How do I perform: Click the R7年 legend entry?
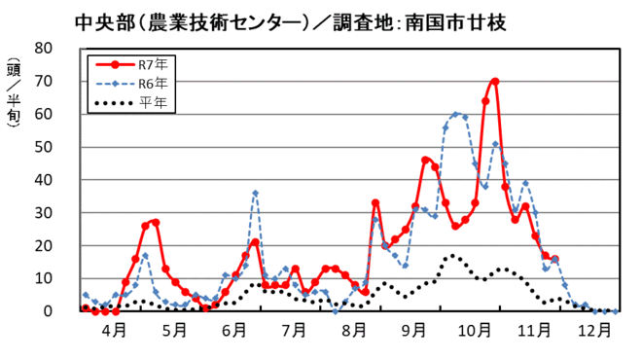pos(136,65)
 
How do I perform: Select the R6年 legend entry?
pos(136,83)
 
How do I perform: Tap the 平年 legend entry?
pos(136,101)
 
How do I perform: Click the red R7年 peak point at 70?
pos(495,82)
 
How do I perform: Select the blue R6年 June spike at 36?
pos(255,193)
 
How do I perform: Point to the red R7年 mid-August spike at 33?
pos(375,202)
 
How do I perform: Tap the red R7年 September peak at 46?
pos(426,160)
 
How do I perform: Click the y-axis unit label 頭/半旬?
pos(13,102)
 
